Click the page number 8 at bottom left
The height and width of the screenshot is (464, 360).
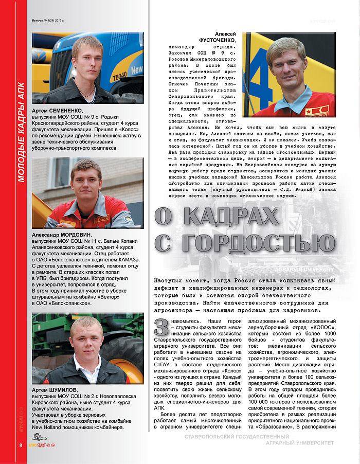pyautogui.click(x=21, y=444)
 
